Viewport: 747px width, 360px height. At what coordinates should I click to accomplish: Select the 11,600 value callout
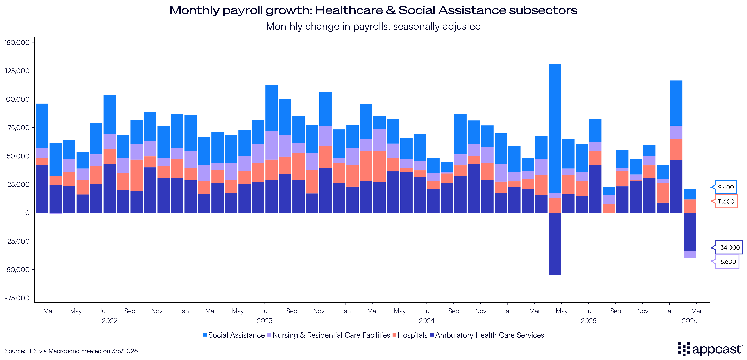point(726,201)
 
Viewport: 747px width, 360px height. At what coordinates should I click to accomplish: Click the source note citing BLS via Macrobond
point(71,351)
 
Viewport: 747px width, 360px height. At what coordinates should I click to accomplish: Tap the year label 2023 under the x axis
point(264,321)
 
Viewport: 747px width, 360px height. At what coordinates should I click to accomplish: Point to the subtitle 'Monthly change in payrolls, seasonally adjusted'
point(373,26)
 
